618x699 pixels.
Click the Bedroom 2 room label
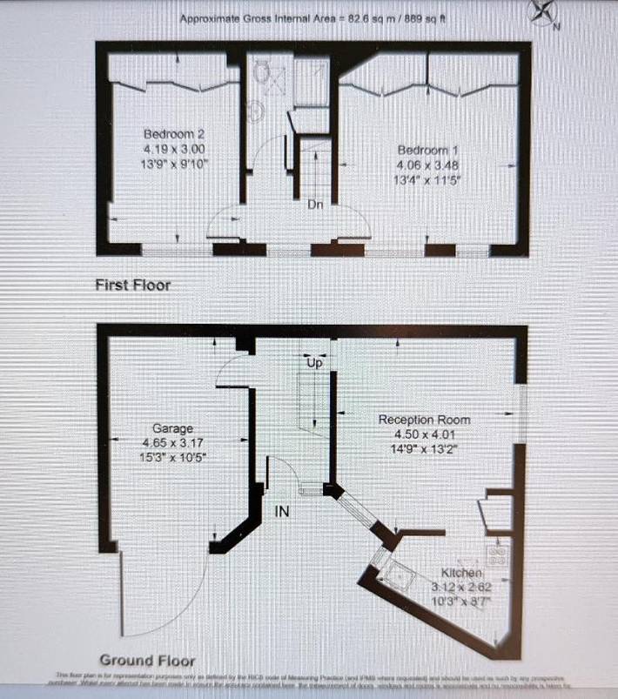click(x=174, y=134)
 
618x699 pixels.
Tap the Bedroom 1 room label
click(x=427, y=150)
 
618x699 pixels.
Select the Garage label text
click(x=171, y=428)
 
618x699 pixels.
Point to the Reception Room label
click(x=424, y=420)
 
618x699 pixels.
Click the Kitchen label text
click(x=461, y=573)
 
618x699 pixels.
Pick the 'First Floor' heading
click(x=133, y=285)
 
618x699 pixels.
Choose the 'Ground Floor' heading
click(x=147, y=660)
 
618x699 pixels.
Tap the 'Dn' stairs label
click(x=315, y=205)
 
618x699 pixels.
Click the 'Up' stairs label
click(x=315, y=365)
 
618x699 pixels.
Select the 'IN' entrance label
click(x=282, y=512)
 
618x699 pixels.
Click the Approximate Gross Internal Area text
click(x=312, y=18)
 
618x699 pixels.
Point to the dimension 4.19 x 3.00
click(x=174, y=149)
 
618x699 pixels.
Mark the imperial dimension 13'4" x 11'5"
click(x=427, y=181)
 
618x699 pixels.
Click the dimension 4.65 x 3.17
click(x=171, y=443)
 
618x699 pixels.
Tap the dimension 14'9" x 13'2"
click(x=424, y=449)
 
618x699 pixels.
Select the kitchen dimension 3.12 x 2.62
click(x=461, y=588)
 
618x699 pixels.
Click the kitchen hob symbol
click(x=499, y=554)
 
